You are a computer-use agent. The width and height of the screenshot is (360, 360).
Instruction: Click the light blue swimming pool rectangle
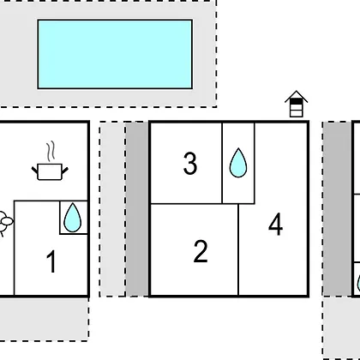point(115,54)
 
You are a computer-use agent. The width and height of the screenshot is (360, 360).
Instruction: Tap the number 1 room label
point(51,261)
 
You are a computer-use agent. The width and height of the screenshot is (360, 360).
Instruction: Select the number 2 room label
point(201,251)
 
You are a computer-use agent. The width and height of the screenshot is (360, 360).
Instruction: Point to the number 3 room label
point(190,163)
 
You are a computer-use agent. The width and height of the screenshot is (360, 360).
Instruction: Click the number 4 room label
point(276,224)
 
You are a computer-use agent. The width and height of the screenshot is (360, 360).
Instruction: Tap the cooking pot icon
point(50,171)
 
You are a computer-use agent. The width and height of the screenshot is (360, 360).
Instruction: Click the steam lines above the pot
point(51,152)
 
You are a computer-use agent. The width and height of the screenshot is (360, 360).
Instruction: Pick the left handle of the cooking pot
point(34,171)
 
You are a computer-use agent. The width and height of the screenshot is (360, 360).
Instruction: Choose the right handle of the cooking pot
point(65,171)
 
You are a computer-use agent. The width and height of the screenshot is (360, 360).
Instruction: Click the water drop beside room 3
point(238,163)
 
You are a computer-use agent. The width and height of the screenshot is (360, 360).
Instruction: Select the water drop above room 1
point(73,218)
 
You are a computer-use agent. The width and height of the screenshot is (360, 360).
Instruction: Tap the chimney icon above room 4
point(297,104)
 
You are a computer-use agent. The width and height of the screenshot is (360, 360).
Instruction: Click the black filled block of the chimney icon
point(296,101)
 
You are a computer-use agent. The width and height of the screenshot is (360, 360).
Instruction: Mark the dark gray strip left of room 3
point(137,209)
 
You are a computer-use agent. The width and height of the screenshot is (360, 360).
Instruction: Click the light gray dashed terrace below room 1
point(44,320)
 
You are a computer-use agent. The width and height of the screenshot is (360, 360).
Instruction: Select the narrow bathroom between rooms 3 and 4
point(238,163)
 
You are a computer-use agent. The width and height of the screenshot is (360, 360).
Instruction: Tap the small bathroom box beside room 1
point(74,218)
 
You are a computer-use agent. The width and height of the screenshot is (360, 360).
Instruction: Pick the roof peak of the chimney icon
point(297,91)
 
